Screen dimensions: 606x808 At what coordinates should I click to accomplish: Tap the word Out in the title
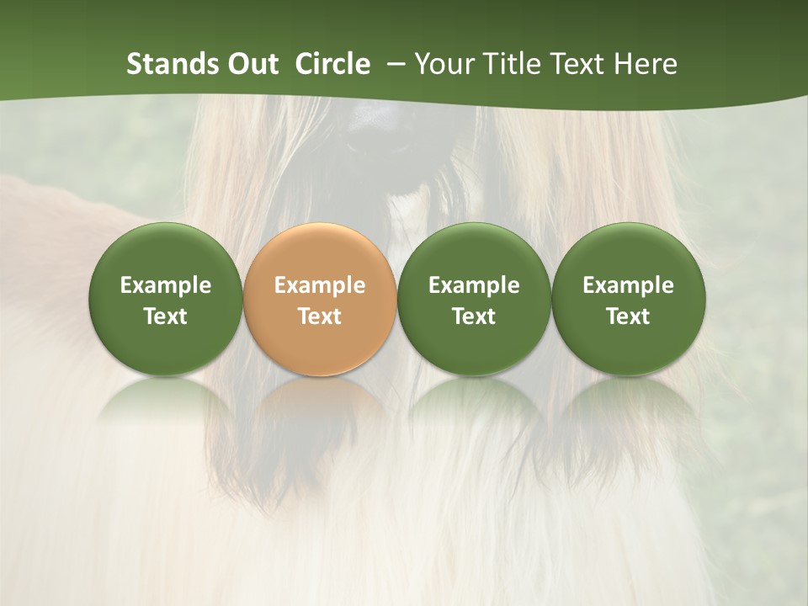click(x=251, y=64)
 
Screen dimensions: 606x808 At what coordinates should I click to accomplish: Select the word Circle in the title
click(x=332, y=64)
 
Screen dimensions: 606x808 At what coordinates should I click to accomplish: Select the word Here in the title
click(x=645, y=64)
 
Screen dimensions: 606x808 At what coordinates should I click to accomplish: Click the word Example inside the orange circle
click(x=320, y=285)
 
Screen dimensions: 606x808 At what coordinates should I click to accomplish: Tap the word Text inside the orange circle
click(x=320, y=316)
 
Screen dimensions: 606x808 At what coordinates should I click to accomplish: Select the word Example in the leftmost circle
click(x=166, y=285)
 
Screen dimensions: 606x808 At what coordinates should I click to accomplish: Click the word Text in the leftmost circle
click(x=166, y=316)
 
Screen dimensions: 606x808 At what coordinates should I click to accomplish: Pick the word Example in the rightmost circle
click(x=628, y=285)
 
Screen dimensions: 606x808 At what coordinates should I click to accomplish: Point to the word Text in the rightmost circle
click(x=628, y=316)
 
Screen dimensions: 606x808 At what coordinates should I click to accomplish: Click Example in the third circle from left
click(x=474, y=285)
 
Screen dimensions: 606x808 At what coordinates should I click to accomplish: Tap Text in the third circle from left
click(x=474, y=316)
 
